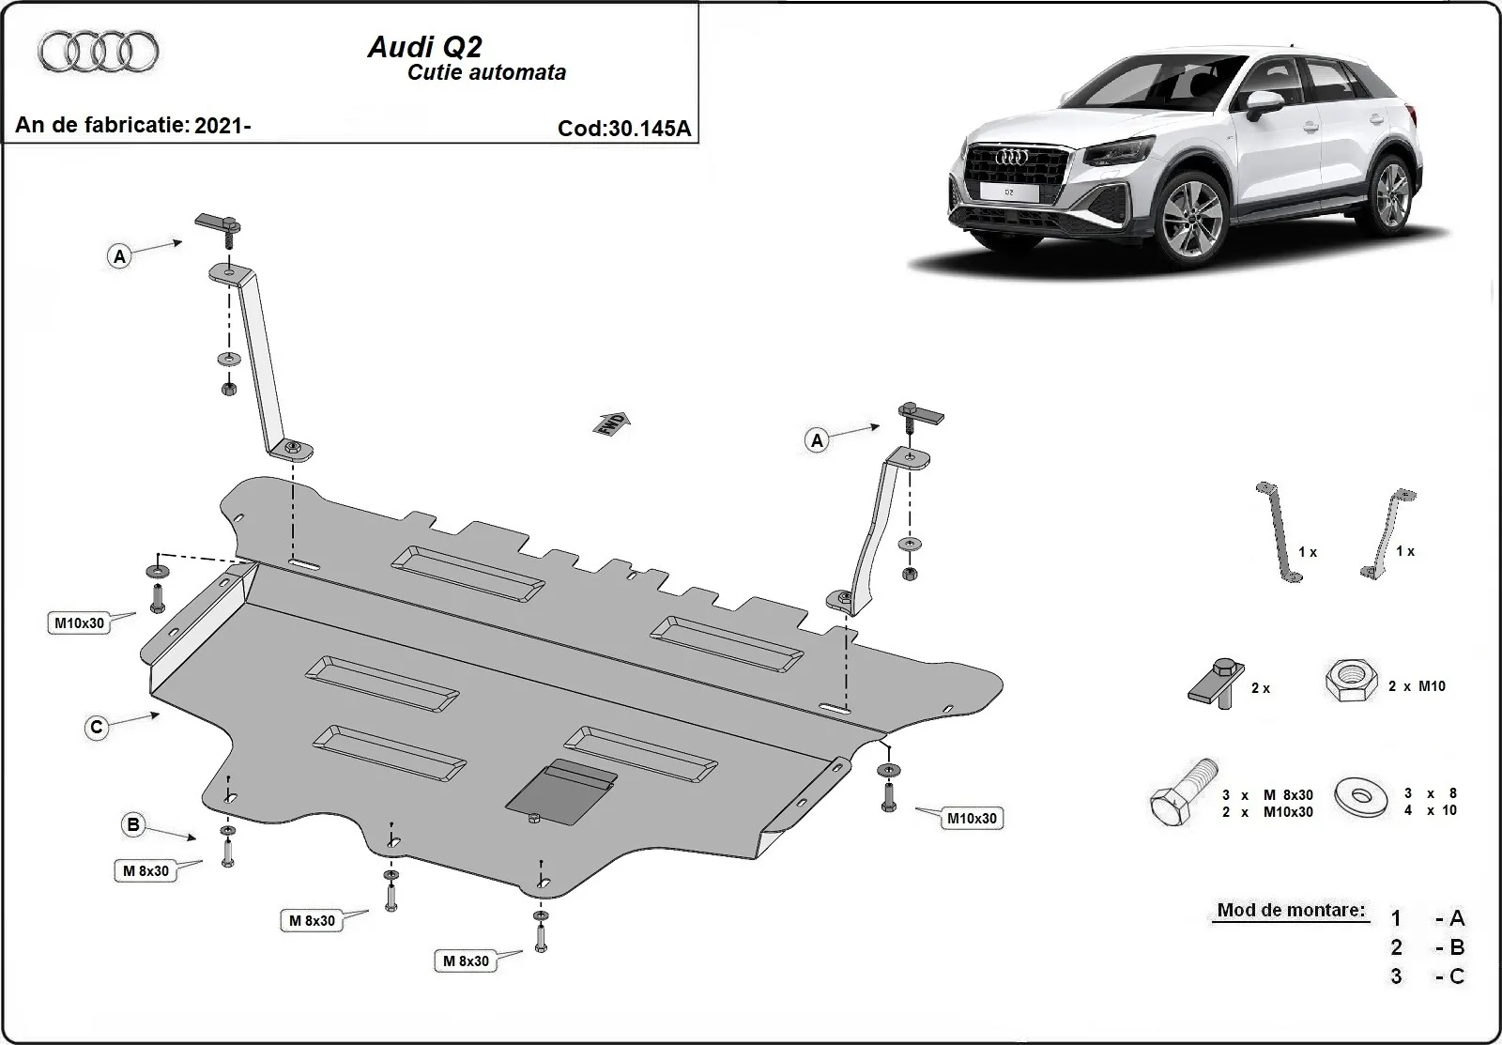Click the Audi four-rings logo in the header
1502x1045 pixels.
(99, 51)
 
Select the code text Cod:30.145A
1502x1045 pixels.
(623, 129)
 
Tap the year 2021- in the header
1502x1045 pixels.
(222, 125)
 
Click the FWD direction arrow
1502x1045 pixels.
(611, 423)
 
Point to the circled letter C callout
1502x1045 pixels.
(97, 727)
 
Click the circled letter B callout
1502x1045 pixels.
(133, 825)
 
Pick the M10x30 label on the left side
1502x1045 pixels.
(79, 622)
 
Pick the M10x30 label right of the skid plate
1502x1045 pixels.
(972, 818)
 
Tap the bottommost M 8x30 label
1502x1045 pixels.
(466, 960)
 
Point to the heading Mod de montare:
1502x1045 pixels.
(1291, 910)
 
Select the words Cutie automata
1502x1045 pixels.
(486, 72)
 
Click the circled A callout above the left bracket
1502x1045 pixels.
(119, 255)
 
